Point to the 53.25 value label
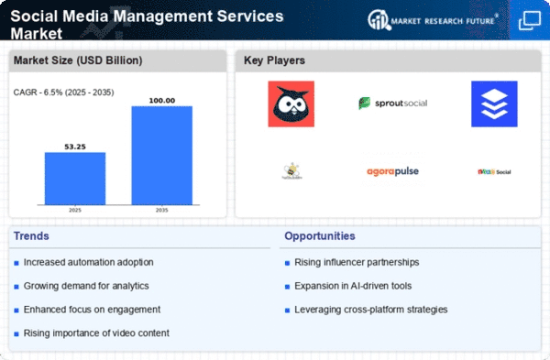tap(75, 145)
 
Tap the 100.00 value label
tap(161, 99)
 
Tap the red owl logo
tap(291, 104)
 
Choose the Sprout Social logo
tap(392, 104)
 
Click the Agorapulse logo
tap(392, 170)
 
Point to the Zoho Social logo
tap(493, 171)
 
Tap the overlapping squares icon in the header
tap(529, 20)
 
